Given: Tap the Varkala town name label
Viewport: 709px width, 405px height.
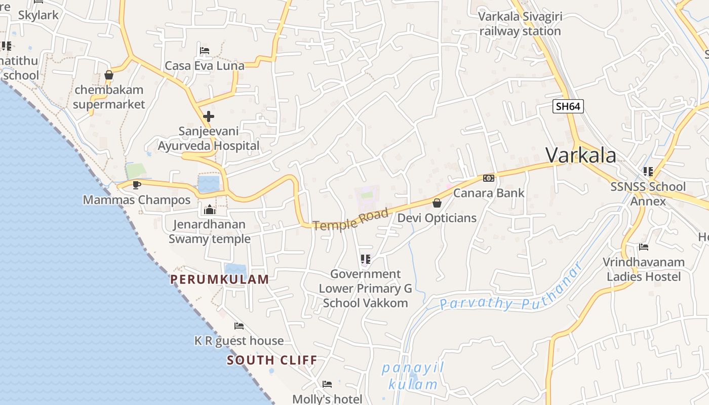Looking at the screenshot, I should pyautogui.click(x=581, y=155).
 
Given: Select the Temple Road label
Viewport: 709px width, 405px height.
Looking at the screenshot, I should pyautogui.click(x=351, y=219).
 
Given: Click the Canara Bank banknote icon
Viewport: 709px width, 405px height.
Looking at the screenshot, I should pyautogui.click(x=488, y=178).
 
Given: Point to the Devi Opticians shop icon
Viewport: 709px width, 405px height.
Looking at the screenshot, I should pyautogui.click(x=437, y=203).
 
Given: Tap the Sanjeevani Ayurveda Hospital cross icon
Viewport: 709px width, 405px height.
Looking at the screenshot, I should pyautogui.click(x=208, y=116).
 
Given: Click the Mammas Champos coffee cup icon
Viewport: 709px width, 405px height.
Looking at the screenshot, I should pyautogui.click(x=136, y=185).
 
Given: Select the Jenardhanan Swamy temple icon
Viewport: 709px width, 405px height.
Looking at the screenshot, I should pyautogui.click(x=209, y=210).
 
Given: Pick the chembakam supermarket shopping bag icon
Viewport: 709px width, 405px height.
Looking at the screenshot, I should pyautogui.click(x=108, y=75).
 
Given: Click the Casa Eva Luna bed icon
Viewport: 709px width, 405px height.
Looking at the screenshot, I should pyautogui.click(x=205, y=50).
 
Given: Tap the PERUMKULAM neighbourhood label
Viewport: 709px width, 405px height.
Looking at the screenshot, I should pyautogui.click(x=219, y=279).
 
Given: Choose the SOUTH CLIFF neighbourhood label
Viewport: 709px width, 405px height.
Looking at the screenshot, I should pyautogui.click(x=272, y=360).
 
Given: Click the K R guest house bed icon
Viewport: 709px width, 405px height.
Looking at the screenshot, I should pyautogui.click(x=239, y=326).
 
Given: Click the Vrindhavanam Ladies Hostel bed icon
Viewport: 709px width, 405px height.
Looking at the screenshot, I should pyautogui.click(x=644, y=247).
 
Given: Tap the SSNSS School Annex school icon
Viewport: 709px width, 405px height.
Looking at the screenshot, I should pyautogui.click(x=648, y=172).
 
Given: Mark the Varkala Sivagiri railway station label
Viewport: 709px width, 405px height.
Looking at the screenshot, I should pyautogui.click(x=520, y=24).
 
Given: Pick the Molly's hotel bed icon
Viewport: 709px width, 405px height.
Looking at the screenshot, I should pyautogui.click(x=327, y=384).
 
